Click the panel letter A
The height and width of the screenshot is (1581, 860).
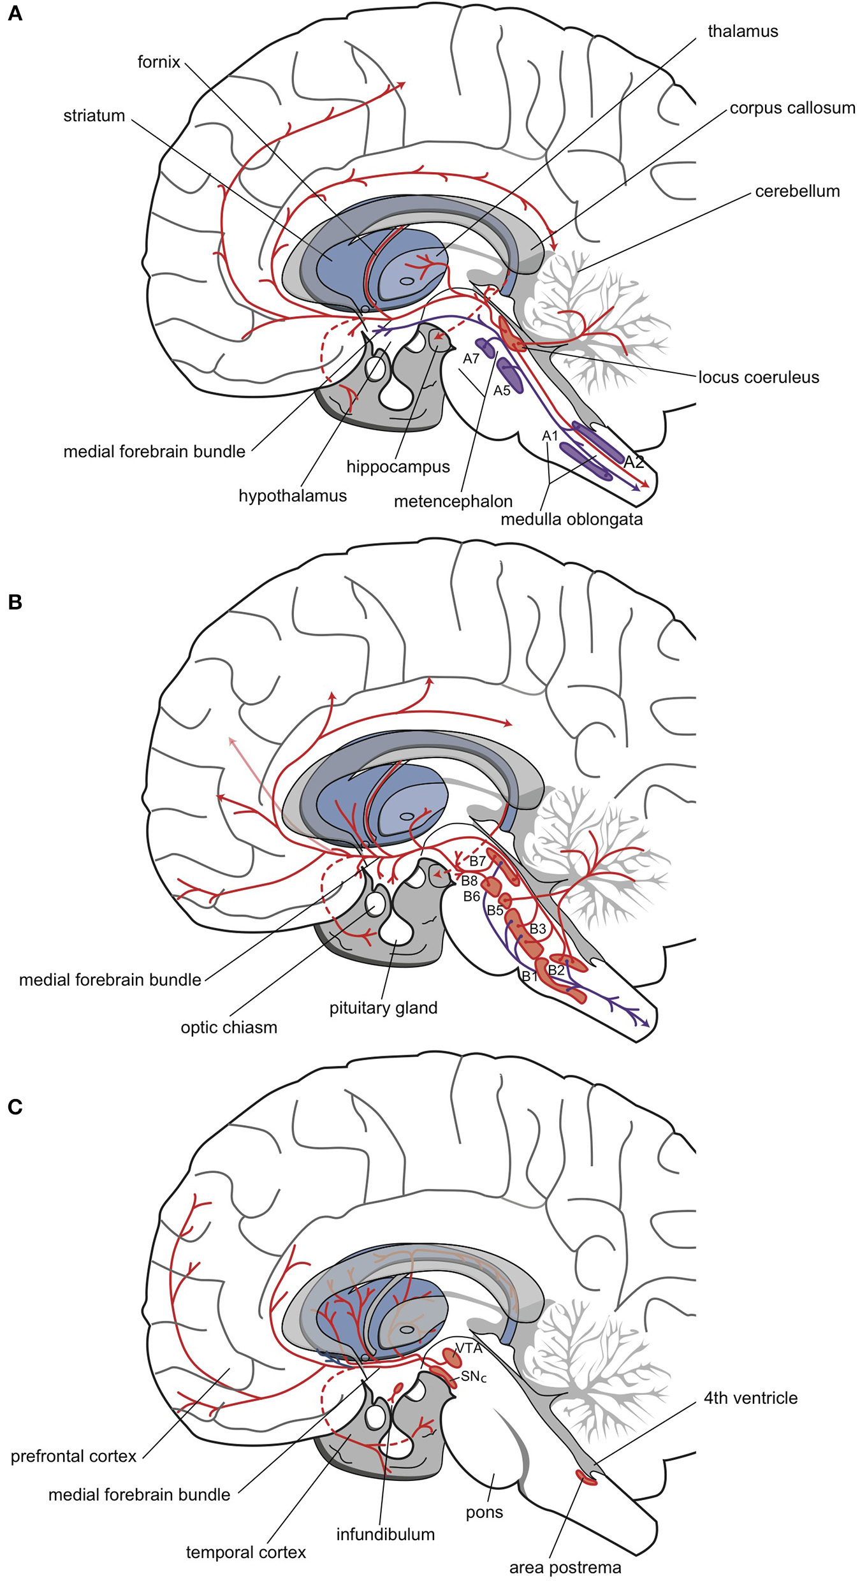tap(15, 13)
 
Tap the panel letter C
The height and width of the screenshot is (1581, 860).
tap(15, 1107)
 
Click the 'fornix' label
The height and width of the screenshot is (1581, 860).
tap(159, 62)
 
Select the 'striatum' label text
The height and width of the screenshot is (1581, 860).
tap(94, 116)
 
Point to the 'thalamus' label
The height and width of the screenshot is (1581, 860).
tap(743, 31)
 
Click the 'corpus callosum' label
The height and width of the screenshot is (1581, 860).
tap(792, 108)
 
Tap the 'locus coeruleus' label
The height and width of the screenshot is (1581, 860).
tap(759, 377)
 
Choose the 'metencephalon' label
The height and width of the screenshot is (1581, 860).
tap(453, 502)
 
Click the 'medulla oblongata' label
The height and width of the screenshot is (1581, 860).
tap(571, 520)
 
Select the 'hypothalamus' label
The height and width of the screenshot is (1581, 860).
tap(293, 496)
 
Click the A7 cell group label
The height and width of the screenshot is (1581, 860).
tap(470, 359)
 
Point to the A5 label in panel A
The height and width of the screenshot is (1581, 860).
tap(502, 391)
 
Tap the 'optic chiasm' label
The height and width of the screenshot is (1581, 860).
tap(229, 1028)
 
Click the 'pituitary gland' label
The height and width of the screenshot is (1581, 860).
tap(383, 1008)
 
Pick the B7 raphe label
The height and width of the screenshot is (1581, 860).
tap(477, 861)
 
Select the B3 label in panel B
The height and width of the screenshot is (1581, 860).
tap(537, 929)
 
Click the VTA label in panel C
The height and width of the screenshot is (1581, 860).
tap(469, 1348)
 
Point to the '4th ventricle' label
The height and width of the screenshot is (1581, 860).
tap(750, 1398)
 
